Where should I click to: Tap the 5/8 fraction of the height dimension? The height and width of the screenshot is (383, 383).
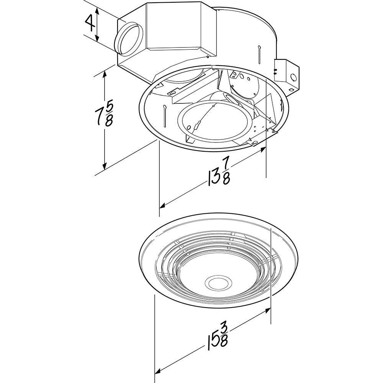(x=109, y=114)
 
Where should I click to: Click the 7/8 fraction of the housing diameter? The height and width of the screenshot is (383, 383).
(x=226, y=170)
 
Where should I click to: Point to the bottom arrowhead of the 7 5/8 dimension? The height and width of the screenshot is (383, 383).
(x=104, y=166)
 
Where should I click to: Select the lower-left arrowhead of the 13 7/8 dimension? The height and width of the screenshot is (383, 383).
(x=162, y=206)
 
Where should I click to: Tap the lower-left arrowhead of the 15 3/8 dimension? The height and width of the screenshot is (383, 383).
(x=157, y=371)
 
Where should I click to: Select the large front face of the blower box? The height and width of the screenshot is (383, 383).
(x=174, y=27)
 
